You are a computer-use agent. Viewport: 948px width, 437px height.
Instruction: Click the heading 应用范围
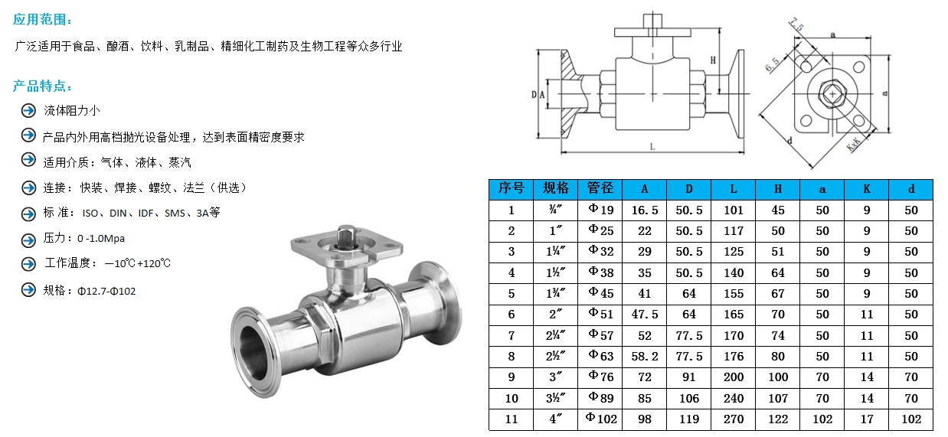pyautogui.click(x=42, y=19)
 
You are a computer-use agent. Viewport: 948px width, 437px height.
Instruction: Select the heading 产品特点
pyautogui.click(x=42, y=86)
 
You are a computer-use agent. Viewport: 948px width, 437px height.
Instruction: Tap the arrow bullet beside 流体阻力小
pyautogui.click(x=29, y=111)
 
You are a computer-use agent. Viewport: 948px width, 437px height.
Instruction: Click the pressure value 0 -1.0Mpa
pyautogui.click(x=101, y=239)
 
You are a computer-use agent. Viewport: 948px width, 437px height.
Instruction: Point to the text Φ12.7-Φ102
pyautogui.click(x=106, y=292)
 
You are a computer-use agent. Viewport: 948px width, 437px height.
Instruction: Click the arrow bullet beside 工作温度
pyautogui.click(x=29, y=263)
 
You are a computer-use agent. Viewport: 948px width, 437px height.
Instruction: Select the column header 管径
pyautogui.click(x=600, y=188)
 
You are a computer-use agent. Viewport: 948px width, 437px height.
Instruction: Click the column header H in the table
pyautogui.click(x=778, y=189)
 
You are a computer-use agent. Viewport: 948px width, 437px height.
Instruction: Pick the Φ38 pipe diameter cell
pyautogui.click(x=601, y=272)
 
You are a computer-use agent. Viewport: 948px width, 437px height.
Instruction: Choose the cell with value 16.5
pyautogui.click(x=645, y=210)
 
